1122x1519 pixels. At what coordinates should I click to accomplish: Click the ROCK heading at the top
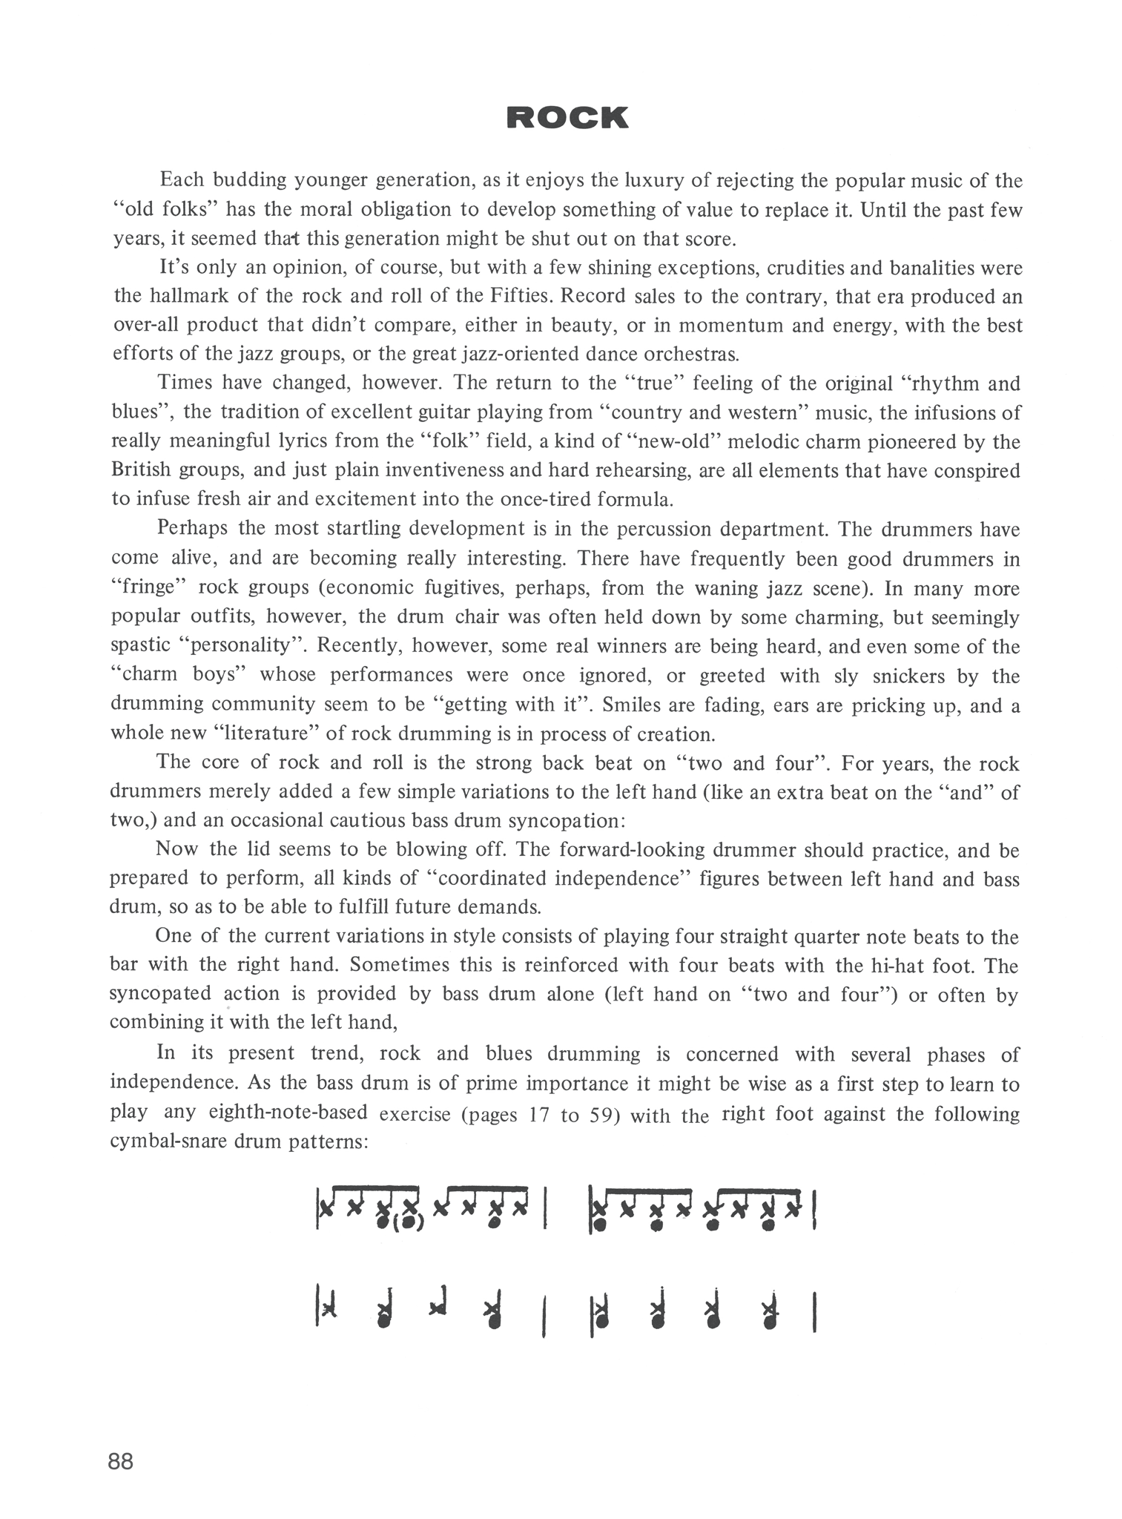pos(567,118)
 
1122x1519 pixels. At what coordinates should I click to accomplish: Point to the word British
pos(139,470)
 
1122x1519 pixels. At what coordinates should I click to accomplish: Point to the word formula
pos(635,498)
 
